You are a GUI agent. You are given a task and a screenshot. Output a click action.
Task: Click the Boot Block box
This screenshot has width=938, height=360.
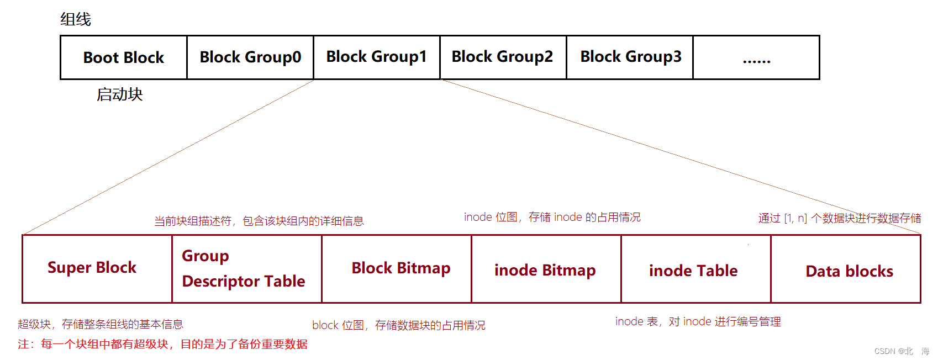pos(124,57)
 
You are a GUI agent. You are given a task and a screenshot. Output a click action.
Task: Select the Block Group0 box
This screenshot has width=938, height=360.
pos(250,57)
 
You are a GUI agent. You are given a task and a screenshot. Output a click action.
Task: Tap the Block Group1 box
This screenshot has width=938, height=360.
pos(377,57)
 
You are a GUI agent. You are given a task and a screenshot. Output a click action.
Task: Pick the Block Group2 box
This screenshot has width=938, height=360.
pos(503,57)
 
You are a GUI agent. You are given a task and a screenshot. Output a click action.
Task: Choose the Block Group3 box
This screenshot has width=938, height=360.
pos(630,57)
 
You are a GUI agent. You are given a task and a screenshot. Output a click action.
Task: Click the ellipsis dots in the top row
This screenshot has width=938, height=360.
pos(757,62)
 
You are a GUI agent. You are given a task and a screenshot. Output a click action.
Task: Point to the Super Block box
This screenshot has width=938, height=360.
pos(97,269)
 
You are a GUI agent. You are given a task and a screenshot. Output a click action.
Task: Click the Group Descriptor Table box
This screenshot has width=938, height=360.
pos(247,269)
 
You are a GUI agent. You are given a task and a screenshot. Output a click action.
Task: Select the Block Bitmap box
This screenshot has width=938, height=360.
pos(397,269)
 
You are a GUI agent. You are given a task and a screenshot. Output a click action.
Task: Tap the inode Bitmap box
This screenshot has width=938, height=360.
pos(546,269)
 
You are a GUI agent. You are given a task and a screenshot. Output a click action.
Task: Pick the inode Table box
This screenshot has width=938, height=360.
pos(696,269)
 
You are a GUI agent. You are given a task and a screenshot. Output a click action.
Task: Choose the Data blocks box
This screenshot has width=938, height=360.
pos(846,269)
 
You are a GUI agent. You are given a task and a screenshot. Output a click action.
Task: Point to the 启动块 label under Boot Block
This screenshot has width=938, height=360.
pos(120,94)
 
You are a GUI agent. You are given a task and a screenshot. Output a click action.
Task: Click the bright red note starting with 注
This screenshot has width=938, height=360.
pos(162,344)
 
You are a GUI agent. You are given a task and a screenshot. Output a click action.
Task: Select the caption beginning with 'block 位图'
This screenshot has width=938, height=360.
pos(399,325)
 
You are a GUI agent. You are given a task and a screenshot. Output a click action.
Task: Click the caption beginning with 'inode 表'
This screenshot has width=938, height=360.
pos(698,321)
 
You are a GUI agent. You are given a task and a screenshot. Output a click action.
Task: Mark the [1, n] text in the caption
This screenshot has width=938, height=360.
pos(795,218)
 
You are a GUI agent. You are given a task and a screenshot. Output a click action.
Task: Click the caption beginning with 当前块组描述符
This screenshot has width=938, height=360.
pos(259,221)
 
